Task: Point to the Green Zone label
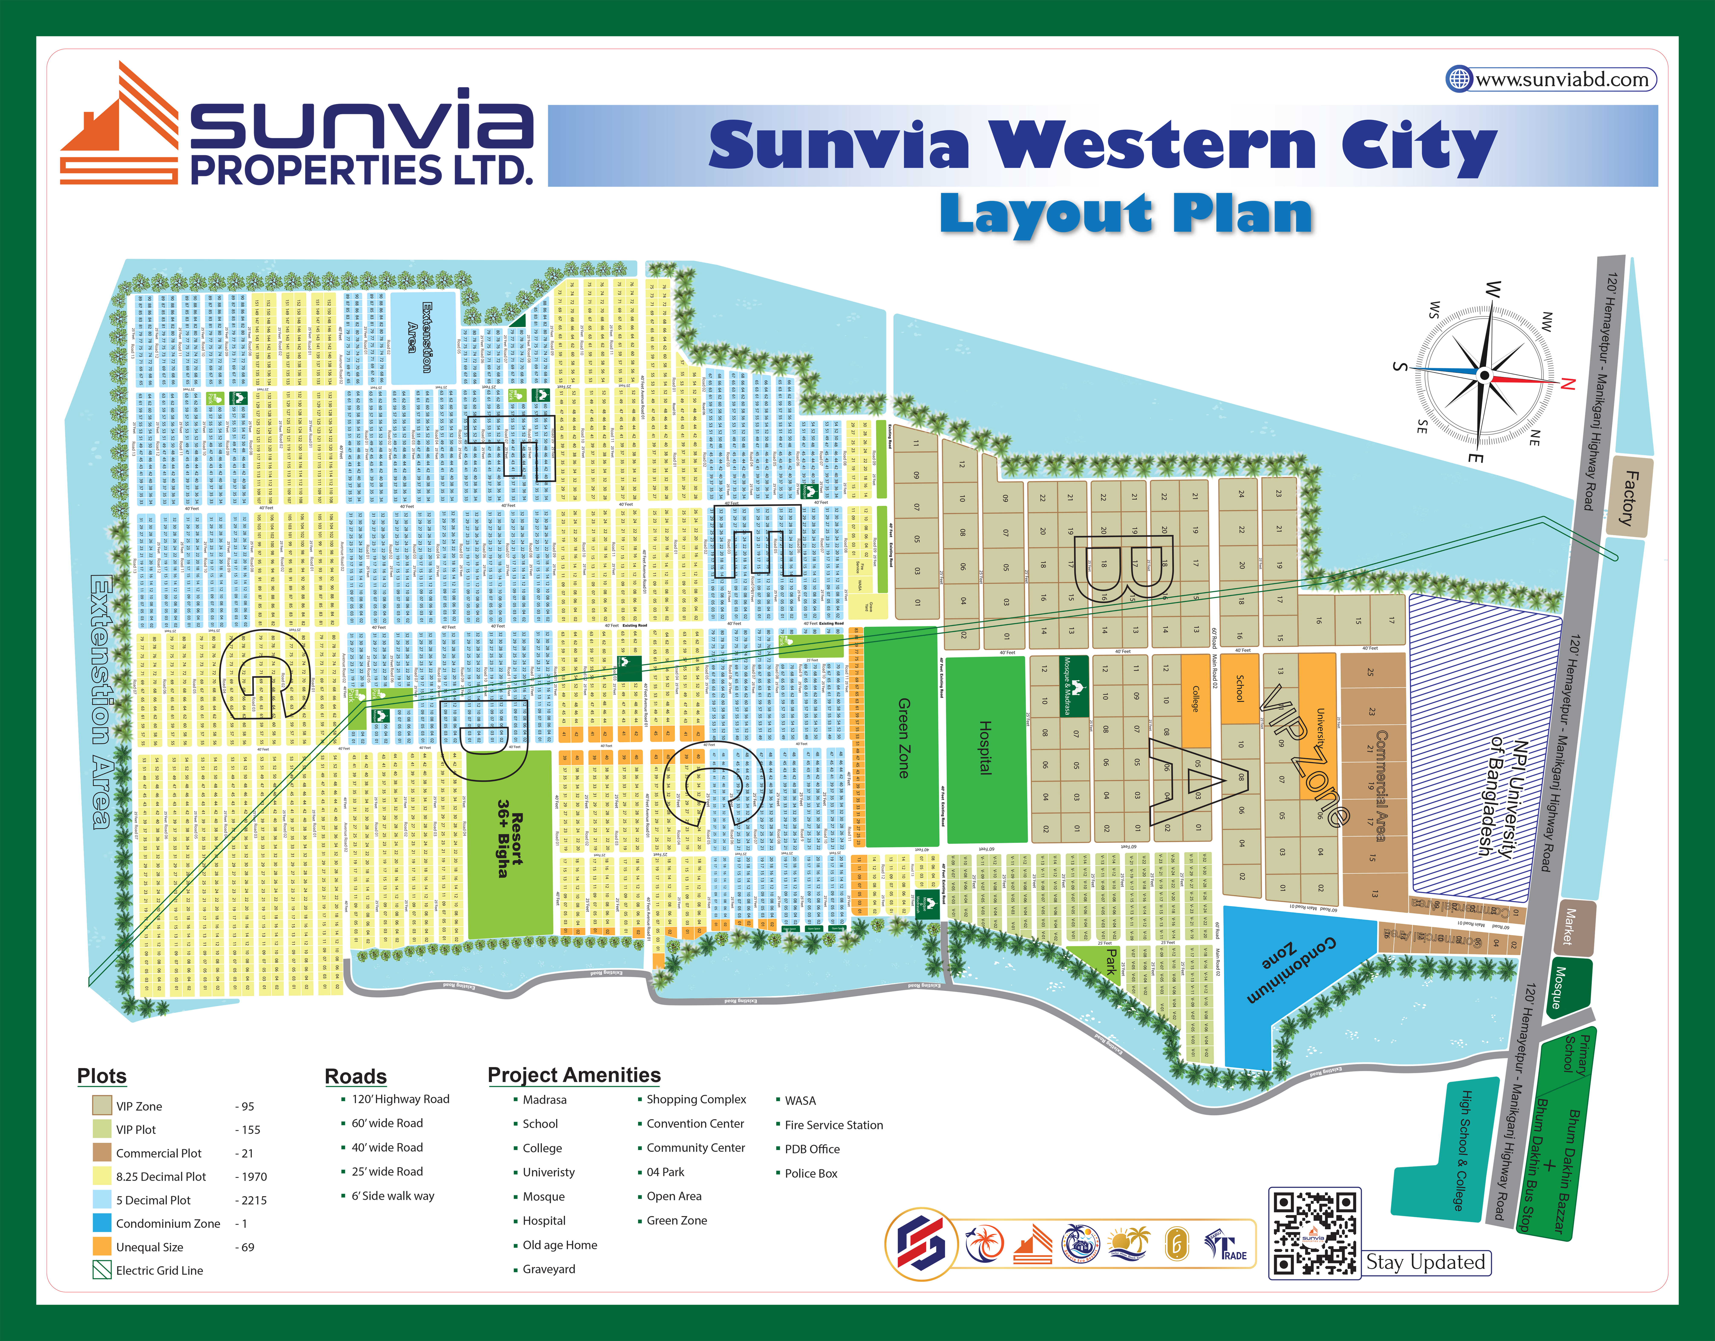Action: tap(904, 738)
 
